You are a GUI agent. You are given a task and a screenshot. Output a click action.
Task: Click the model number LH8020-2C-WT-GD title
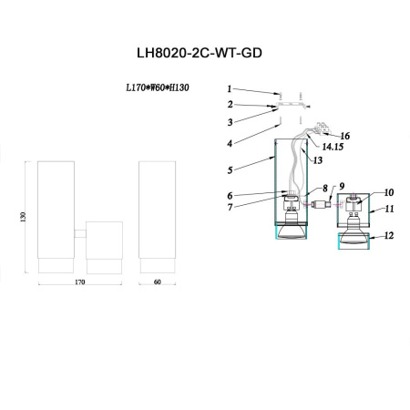205,54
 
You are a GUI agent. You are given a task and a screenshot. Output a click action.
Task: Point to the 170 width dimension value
79,283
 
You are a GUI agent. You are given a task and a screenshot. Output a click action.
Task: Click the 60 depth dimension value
158,283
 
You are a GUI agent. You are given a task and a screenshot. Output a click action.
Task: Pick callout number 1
231,90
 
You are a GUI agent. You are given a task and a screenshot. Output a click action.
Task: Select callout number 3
231,121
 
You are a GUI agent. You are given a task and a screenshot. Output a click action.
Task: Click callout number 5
231,169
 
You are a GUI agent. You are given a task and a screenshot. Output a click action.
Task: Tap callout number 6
231,194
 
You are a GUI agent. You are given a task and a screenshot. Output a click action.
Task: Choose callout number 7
231,207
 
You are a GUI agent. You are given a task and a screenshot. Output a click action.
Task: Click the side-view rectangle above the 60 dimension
158,217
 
